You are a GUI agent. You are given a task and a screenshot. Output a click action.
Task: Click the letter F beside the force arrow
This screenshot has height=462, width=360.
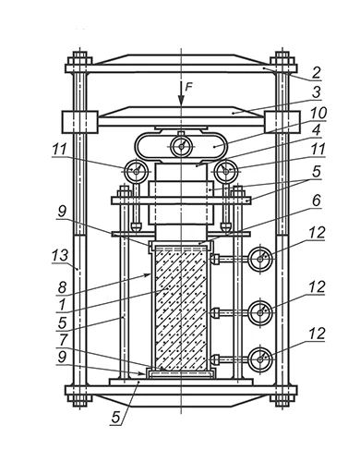coord(188,87)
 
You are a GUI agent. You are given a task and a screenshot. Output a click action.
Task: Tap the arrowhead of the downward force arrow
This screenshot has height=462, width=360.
coord(181,101)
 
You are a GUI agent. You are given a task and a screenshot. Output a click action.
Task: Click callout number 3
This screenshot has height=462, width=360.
coord(316,92)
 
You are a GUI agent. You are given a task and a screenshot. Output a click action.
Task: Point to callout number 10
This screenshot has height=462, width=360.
coord(318,113)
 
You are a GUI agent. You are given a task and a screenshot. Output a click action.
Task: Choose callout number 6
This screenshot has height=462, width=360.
coord(316,201)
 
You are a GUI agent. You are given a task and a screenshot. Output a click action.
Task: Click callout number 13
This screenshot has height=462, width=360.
coord(60,255)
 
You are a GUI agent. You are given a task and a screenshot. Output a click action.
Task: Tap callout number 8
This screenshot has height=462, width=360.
coord(62,287)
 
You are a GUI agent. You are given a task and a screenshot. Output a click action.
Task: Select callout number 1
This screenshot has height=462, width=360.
coord(62,305)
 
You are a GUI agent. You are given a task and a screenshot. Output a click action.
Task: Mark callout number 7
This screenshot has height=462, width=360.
coord(63,340)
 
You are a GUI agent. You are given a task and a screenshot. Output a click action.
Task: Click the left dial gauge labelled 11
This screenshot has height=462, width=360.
coord(137,171)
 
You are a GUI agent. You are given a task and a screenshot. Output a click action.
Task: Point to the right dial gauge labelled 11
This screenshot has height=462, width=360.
coord(226,171)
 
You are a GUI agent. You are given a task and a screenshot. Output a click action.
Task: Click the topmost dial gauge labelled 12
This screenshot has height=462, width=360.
coord(260,259)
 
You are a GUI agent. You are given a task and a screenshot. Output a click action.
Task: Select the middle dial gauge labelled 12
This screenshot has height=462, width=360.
coord(260,312)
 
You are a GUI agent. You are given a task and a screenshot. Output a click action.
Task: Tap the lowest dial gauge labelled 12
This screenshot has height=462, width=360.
coord(260,359)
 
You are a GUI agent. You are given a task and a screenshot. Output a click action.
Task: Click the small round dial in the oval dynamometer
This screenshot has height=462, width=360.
coord(181,147)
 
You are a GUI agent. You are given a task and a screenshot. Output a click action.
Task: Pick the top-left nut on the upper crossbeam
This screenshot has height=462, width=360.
coord(80,60)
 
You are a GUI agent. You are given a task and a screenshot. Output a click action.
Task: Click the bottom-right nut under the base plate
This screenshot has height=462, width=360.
coord(282,400)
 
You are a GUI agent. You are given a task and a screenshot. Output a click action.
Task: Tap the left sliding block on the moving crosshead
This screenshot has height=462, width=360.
coord(80,122)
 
